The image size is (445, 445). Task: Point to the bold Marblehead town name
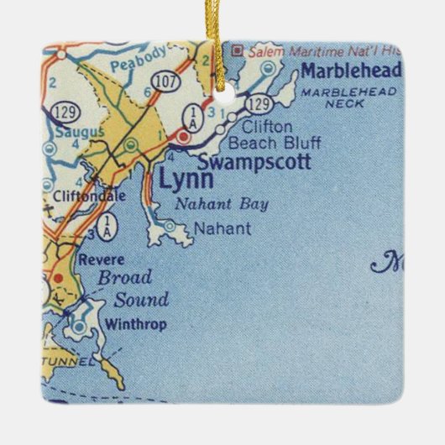(x=351, y=70)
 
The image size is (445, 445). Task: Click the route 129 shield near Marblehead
(x=260, y=104)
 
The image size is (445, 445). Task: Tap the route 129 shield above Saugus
(x=64, y=111)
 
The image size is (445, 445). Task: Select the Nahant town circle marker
(x=170, y=225)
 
